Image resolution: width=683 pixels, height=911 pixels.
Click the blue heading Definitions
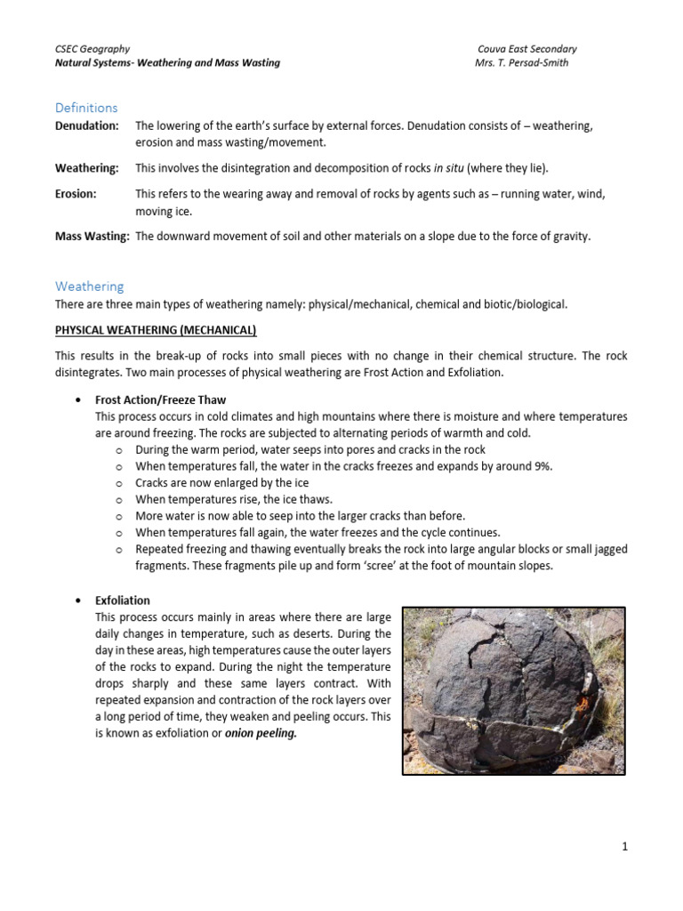[86, 108]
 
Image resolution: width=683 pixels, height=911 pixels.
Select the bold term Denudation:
[87, 126]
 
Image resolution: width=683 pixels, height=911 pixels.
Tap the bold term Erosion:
[76, 193]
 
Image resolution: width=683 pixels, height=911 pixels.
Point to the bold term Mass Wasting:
[92, 236]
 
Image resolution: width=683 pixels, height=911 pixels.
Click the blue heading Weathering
[90, 286]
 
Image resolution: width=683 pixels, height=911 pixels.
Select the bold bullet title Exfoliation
[123, 601]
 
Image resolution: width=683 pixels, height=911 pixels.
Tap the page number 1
[625, 847]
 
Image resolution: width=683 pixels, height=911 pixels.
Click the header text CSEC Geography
[92, 49]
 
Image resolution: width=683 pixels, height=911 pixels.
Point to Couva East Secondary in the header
[526, 49]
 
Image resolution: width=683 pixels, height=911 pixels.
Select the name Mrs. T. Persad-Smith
[521, 63]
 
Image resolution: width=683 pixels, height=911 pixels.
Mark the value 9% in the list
[541, 466]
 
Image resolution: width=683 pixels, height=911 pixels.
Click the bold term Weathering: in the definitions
[87, 168]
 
